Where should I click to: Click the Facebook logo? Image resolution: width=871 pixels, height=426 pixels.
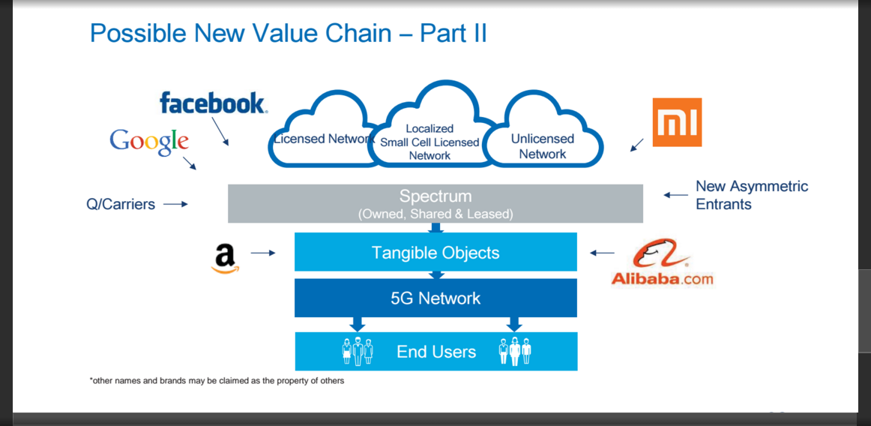point(213,103)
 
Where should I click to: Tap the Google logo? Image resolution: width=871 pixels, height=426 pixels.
point(149,141)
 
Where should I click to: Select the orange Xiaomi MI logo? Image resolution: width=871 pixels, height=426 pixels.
point(677,122)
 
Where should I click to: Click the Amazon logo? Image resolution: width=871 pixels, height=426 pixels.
point(225,258)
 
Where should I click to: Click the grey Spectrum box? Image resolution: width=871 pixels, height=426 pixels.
point(435,203)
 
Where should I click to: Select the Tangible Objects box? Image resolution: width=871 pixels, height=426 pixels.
point(435,253)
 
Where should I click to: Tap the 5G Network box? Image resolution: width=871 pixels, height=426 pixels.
point(435,298)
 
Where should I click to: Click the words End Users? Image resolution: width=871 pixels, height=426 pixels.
point(436,352)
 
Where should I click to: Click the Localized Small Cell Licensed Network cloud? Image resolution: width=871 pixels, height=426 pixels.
point(430,135)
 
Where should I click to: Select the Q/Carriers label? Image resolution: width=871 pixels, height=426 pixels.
point(121,204)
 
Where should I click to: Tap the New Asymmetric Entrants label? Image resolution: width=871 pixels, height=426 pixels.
point(751,195)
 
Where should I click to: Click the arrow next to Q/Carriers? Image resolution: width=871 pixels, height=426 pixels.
point(175,204)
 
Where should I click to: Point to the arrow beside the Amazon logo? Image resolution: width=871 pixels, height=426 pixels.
point(263,253)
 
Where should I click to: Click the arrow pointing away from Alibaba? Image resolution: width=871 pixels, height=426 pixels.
point(602,253)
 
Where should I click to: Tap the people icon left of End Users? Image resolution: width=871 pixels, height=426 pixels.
point(358,351)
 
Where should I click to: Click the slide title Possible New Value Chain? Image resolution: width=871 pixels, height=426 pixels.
point(289,33)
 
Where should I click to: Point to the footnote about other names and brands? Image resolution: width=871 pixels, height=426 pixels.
point(217,381)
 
